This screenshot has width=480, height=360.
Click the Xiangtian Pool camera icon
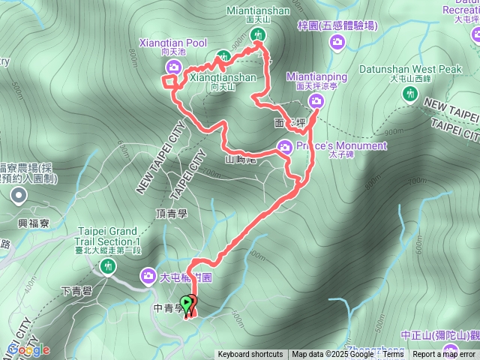click(x=169, y=69)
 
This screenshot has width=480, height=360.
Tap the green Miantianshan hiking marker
click(x=259, y=34)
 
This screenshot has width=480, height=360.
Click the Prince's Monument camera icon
click(x=284, y=146)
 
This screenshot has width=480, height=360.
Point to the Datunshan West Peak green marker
click(x=409, y=94)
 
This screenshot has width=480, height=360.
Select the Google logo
click(x=28, y=349)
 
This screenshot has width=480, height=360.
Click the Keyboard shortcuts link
click(x=250, y=355)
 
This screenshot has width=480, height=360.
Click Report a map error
click(x=444, y=355)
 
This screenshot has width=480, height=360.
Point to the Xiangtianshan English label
click(x=223, y=77)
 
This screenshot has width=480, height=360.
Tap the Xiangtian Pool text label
click(x=173, y=43)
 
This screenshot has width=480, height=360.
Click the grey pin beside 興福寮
click(x=19, y=196)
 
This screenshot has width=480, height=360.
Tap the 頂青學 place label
click(x=171, y=213)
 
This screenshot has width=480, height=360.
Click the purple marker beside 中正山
click(x=450, y=349)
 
